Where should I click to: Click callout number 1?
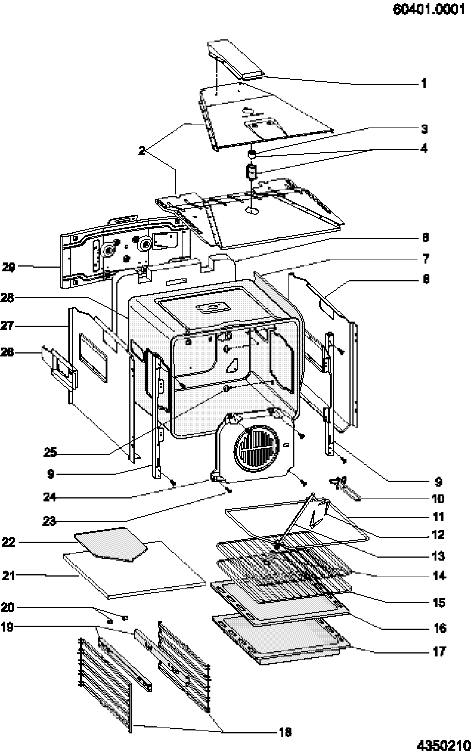(x=424, y=83)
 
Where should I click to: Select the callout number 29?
(x=9, y=268)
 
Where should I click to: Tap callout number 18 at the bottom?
(x=285, y=732)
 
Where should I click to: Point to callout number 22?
(x=9, y=542)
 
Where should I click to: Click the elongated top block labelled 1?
(x=235, y=60)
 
